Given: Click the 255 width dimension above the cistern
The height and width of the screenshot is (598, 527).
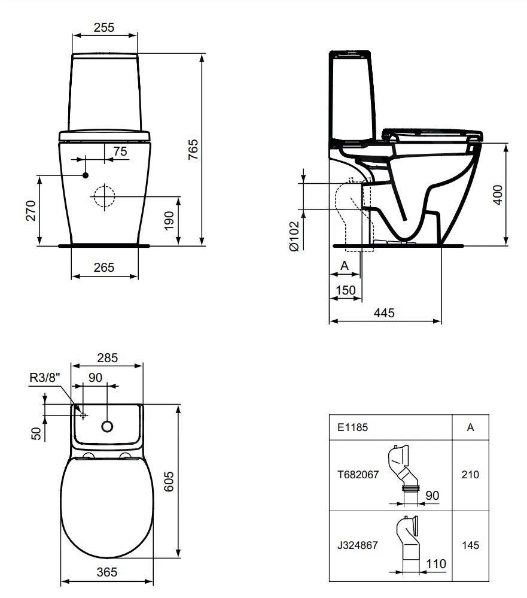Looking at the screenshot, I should [104, 27].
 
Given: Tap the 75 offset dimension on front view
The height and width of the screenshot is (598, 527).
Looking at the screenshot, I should [120, 151].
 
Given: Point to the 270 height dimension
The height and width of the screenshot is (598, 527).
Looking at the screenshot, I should [31, 210].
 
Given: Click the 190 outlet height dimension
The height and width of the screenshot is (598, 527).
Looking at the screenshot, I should [169, 221].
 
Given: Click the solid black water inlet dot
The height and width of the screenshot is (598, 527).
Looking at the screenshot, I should [85, 175].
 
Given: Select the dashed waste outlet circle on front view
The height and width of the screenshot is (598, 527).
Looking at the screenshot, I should [104, 196].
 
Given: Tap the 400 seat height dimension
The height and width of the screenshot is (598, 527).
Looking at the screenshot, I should [498, 195].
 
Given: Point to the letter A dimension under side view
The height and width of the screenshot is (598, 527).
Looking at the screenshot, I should [345, 265].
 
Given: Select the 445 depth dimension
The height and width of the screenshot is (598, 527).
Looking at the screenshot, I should [385, 312].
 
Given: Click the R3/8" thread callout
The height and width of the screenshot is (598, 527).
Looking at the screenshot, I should [45, 377].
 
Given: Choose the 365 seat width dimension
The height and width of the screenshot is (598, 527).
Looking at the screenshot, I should [106, 572].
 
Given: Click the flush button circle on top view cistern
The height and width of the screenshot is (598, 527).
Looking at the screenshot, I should [107, 426].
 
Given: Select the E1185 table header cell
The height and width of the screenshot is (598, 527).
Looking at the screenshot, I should [352, 427].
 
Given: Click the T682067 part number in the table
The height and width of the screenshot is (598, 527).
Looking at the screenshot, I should [357, 474].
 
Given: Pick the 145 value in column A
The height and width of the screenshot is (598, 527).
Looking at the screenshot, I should [470, 545].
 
